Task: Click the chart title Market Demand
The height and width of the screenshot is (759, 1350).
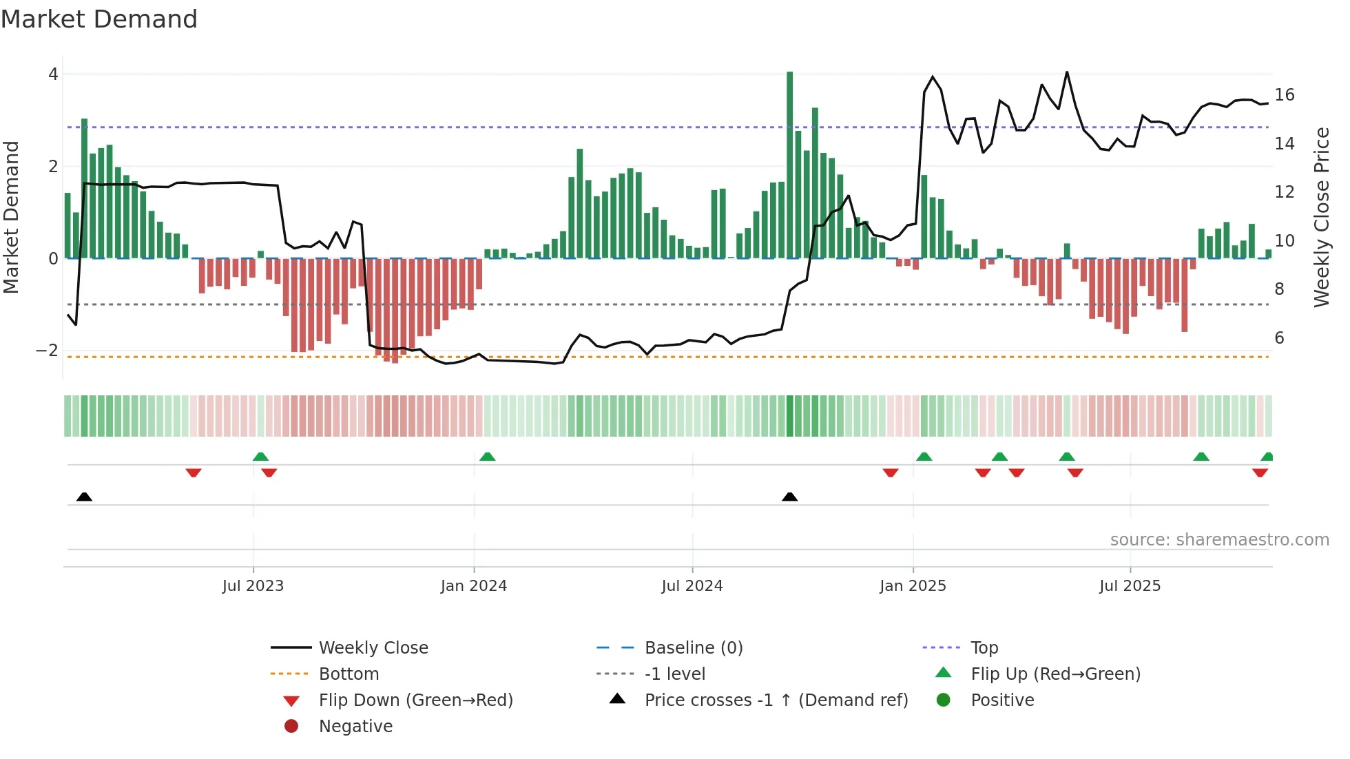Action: tap(99, 19)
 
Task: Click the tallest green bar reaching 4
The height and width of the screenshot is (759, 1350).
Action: tap(790, 165)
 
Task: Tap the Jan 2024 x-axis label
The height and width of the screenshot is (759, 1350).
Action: tap(474, 586)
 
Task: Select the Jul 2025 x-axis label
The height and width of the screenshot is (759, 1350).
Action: tap(1130, 586)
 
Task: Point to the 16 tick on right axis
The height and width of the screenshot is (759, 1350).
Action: tap(1284, 95)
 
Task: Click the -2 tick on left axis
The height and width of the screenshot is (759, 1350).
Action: tap(47, 351)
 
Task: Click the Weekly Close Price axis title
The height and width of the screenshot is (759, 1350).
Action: tap(1321, 217)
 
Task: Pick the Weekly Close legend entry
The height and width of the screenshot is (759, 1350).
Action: tap(373, 648)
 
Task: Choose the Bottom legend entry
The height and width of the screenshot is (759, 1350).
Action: tap(349, 674)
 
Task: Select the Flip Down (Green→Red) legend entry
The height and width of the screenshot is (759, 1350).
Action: tap(415, 700)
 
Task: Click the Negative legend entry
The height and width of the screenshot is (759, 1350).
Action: tap(355, 727)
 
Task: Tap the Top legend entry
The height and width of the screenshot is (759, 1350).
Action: tap(984, 648)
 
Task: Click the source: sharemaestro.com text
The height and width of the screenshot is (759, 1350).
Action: tap(1219, 540)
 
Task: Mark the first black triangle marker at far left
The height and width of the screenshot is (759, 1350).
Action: tap(84, 497)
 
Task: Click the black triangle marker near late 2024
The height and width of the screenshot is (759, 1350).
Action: tap(790, 497)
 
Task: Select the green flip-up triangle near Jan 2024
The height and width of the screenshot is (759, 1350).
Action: tap(487, 457)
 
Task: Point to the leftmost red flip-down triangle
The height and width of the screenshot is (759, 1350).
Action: tap(194, 472)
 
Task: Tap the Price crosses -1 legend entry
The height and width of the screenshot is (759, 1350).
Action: tap(776, 700)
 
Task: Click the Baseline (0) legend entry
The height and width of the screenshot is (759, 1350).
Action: tap(693, 648)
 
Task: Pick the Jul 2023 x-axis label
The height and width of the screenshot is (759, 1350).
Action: tap(253, 586)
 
